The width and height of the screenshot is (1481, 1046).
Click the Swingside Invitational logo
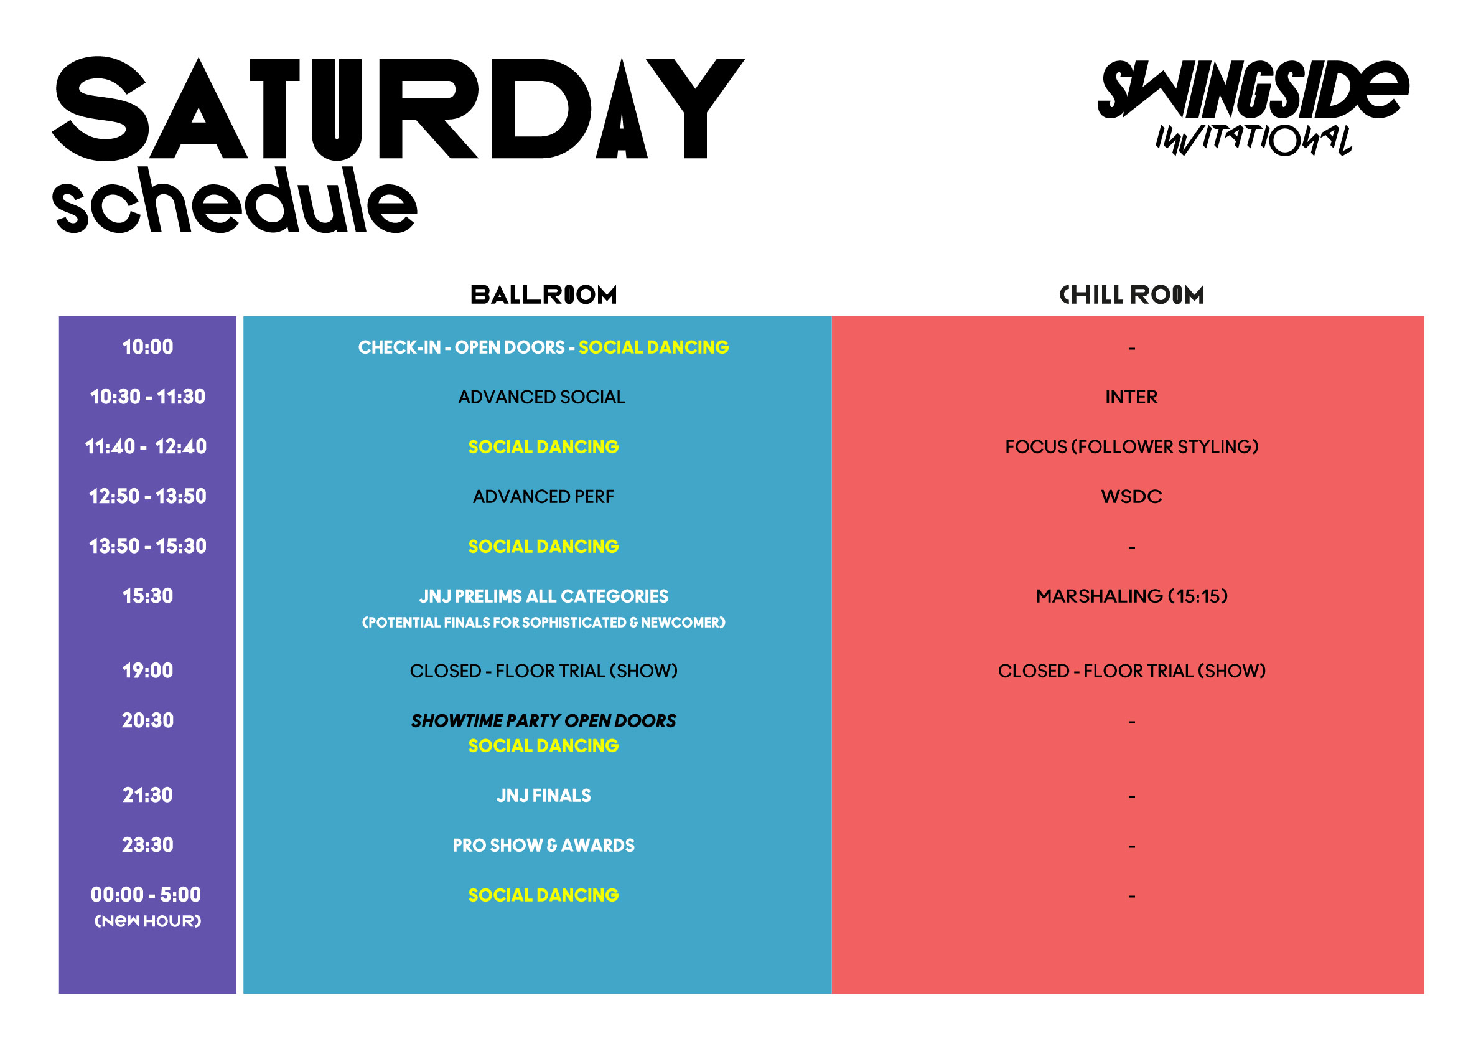1253,108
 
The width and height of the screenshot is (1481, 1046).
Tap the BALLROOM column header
544,295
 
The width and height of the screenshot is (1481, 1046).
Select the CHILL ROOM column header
1132,295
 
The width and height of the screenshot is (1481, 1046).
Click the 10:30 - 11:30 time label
147,397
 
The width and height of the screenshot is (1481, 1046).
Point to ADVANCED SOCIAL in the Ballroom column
542,397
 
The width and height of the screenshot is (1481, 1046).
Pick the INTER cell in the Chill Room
1131,397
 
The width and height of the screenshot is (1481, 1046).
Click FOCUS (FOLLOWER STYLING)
1132,446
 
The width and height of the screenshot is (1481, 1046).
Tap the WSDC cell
1131,497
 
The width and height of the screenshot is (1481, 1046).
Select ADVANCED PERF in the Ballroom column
544,497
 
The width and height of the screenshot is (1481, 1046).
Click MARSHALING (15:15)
1132,596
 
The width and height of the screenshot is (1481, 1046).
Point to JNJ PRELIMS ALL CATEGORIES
544,596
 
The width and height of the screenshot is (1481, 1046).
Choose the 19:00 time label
147,671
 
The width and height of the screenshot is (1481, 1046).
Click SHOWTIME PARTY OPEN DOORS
544,721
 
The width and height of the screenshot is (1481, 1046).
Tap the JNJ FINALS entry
544,796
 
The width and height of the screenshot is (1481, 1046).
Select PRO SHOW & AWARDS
544,846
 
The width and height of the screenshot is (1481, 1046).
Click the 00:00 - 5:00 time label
146,895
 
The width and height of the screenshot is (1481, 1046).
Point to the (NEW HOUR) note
147,921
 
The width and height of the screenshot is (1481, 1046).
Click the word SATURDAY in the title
398,108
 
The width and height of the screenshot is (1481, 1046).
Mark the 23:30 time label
147,846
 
